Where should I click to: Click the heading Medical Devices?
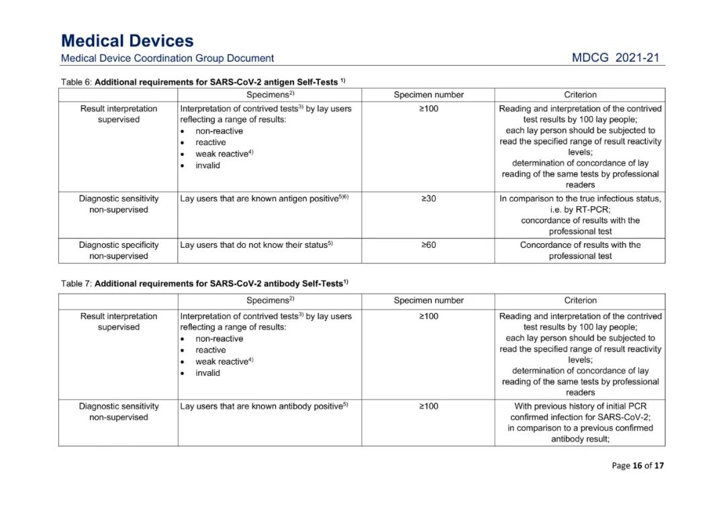pyautogui.click(x=127, y=41)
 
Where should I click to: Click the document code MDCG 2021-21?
pyautogui.click(x=616, y=58)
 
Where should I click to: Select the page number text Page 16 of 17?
pyautogui.click(x=637, y=465)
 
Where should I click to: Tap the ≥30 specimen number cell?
pyautogui.click(x=428, y=199)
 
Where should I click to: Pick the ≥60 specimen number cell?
pyautogui.click(x=428, y=245)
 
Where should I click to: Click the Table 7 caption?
pyautogui.click(x=205, y=283)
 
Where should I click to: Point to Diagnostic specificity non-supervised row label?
pyautogui.click(x=119, y=250)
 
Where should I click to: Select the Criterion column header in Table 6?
pyautogui.click(x=580, y=95)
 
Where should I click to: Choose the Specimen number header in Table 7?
pyautogui.click(x=428, y=300)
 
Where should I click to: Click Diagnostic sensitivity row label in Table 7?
pyautogui.click(x=119, y=412)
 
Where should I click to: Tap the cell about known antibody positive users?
pyautogui.click(x=264, y=406)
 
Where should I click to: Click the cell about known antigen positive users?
pyautogui.click(x=264, y=199)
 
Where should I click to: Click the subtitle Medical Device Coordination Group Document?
pyautogui.click(x=167, y=58)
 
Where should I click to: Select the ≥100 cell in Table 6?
pyautogui.click(x=428, y=109)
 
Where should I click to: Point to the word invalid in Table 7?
pyautogui.click(x=207, y=373)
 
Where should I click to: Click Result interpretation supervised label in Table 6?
pyautogui.click(x=119, y=114)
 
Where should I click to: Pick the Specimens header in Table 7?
pyautogui.click(x=270, y=300)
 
